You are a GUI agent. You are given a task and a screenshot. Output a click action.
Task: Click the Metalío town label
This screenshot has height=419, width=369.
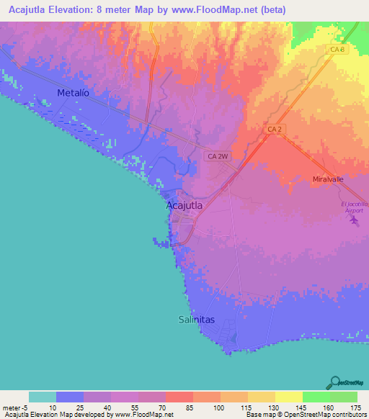(x=74, y=93)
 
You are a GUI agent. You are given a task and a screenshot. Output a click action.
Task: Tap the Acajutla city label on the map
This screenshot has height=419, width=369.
(x=184, y=205)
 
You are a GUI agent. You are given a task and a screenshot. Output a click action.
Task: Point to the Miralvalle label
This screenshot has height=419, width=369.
(x=329, y=179)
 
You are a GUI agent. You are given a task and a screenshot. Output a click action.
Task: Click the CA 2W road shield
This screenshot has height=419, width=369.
(x=217, y=156)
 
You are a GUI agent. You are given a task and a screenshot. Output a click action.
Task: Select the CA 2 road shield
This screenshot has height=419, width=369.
(x=273, y=129)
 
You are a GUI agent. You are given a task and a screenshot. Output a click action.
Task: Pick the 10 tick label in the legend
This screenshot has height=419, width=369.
(x=53, y=407)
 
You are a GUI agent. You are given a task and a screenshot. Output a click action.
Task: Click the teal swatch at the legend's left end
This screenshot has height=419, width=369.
(x=43, y=397)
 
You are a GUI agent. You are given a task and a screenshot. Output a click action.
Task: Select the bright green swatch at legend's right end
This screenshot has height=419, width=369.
(x=343, y=397)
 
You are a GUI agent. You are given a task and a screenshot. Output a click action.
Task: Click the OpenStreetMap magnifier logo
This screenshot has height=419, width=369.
(x=334, y=381)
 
